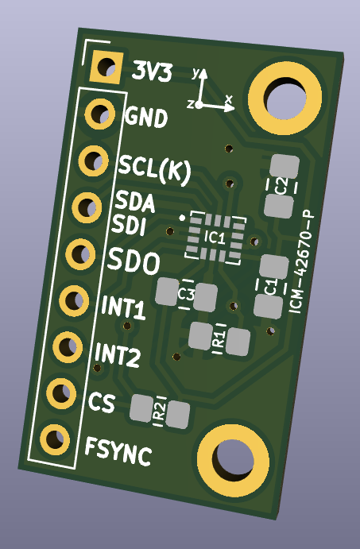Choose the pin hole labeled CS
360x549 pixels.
(x=60, y=392)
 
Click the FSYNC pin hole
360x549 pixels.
(x=53, y=438)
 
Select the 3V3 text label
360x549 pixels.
(x=150, y=72)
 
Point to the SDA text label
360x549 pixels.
(x=134, y=202)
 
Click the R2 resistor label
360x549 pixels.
(x=160, y=411)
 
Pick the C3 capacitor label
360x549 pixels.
(x=187, y=294)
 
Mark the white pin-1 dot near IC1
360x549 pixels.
(x=182, y=216)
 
